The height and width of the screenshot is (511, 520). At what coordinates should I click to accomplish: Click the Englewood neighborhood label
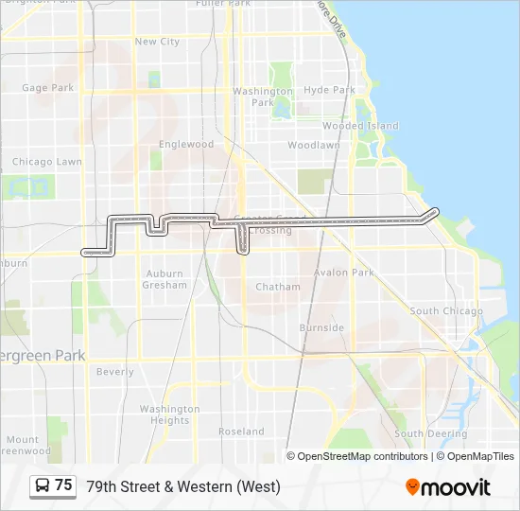click(186, 145)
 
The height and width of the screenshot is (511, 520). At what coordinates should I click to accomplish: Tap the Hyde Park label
click(329, 91)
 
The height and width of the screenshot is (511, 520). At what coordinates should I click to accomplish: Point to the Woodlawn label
click(313, 146)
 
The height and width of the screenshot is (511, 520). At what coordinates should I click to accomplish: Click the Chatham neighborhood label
click(278, 287)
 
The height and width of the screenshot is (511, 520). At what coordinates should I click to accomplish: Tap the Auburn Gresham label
click(165, 279)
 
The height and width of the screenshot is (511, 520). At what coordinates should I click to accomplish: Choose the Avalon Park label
click(351, 273)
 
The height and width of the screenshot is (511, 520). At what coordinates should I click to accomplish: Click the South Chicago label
click(446, 311)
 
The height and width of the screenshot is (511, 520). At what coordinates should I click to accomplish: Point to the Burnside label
click(321, 327)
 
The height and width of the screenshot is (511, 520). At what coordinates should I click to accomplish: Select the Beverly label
click(115, 372)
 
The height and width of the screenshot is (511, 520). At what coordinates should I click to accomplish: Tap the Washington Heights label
click(170, 414)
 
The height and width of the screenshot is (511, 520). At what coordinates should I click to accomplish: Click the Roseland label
click(241, 432)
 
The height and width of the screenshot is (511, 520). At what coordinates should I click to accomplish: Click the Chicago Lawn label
click(46, 162)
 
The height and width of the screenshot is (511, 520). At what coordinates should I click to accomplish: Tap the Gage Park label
click(47, 88)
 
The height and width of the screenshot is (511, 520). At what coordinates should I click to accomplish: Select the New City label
click(157, 42)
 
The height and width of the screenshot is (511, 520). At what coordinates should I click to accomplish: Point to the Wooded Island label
click(360, 126)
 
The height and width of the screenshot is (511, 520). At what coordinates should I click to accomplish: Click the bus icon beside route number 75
click(43, 485)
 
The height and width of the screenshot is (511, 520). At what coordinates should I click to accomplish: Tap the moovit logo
click(448, 487)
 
